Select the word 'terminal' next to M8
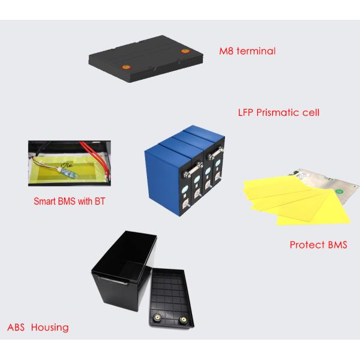257,52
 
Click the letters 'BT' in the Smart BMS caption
99,202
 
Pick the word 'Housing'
51,328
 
